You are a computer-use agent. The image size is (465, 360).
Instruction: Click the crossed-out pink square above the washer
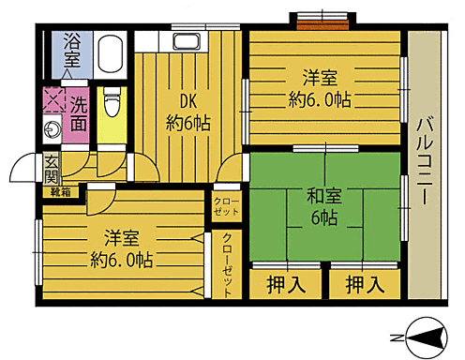[x=51, y=100]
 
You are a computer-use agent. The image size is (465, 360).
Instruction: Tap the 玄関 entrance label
[x=51, y=170]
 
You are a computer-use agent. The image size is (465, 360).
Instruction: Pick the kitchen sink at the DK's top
[x=188, y=41]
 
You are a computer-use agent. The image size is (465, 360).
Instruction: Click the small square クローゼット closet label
[x=227, y=206]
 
